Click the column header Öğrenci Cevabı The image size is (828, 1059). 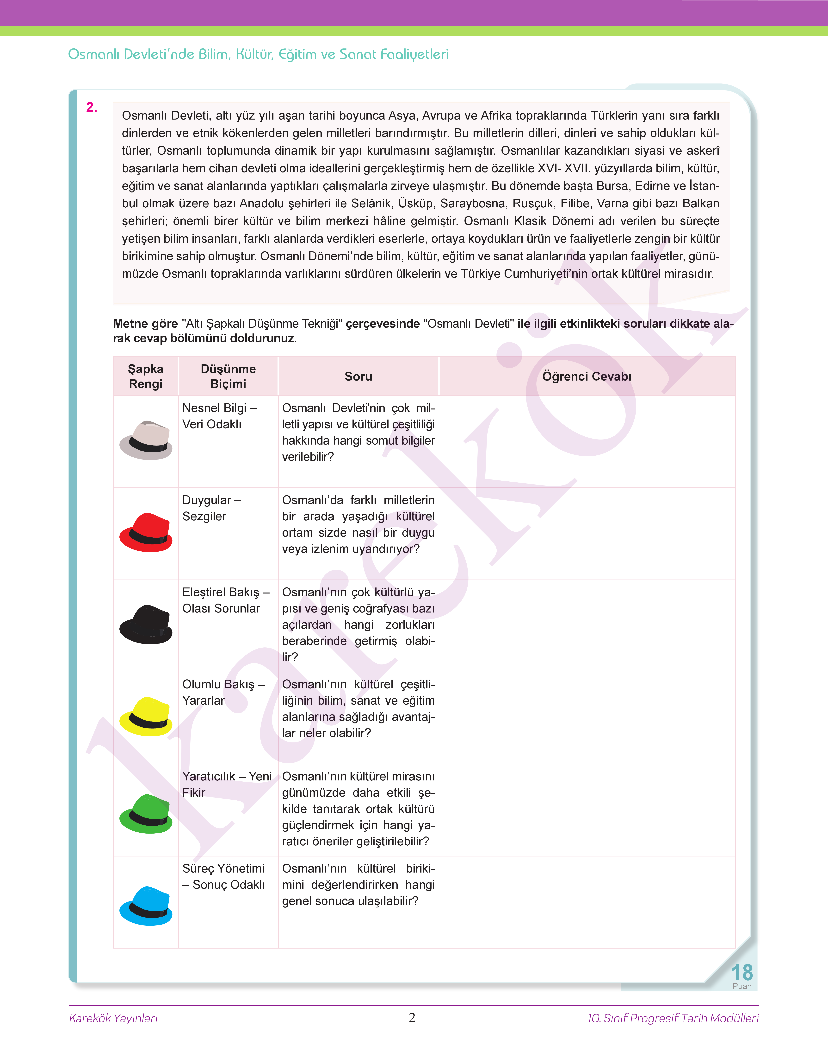click(587, 376)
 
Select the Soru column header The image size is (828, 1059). click(358, 376)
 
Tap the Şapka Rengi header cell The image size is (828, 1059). click(145, 376)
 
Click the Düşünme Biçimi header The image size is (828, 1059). click(228, 376)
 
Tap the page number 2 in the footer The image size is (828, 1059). click(412, 1017)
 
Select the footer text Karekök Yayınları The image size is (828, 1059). click(113, 1018)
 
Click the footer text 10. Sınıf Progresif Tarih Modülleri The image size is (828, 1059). click(673, 1018)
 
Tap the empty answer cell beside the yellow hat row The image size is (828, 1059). click(587, 718)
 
